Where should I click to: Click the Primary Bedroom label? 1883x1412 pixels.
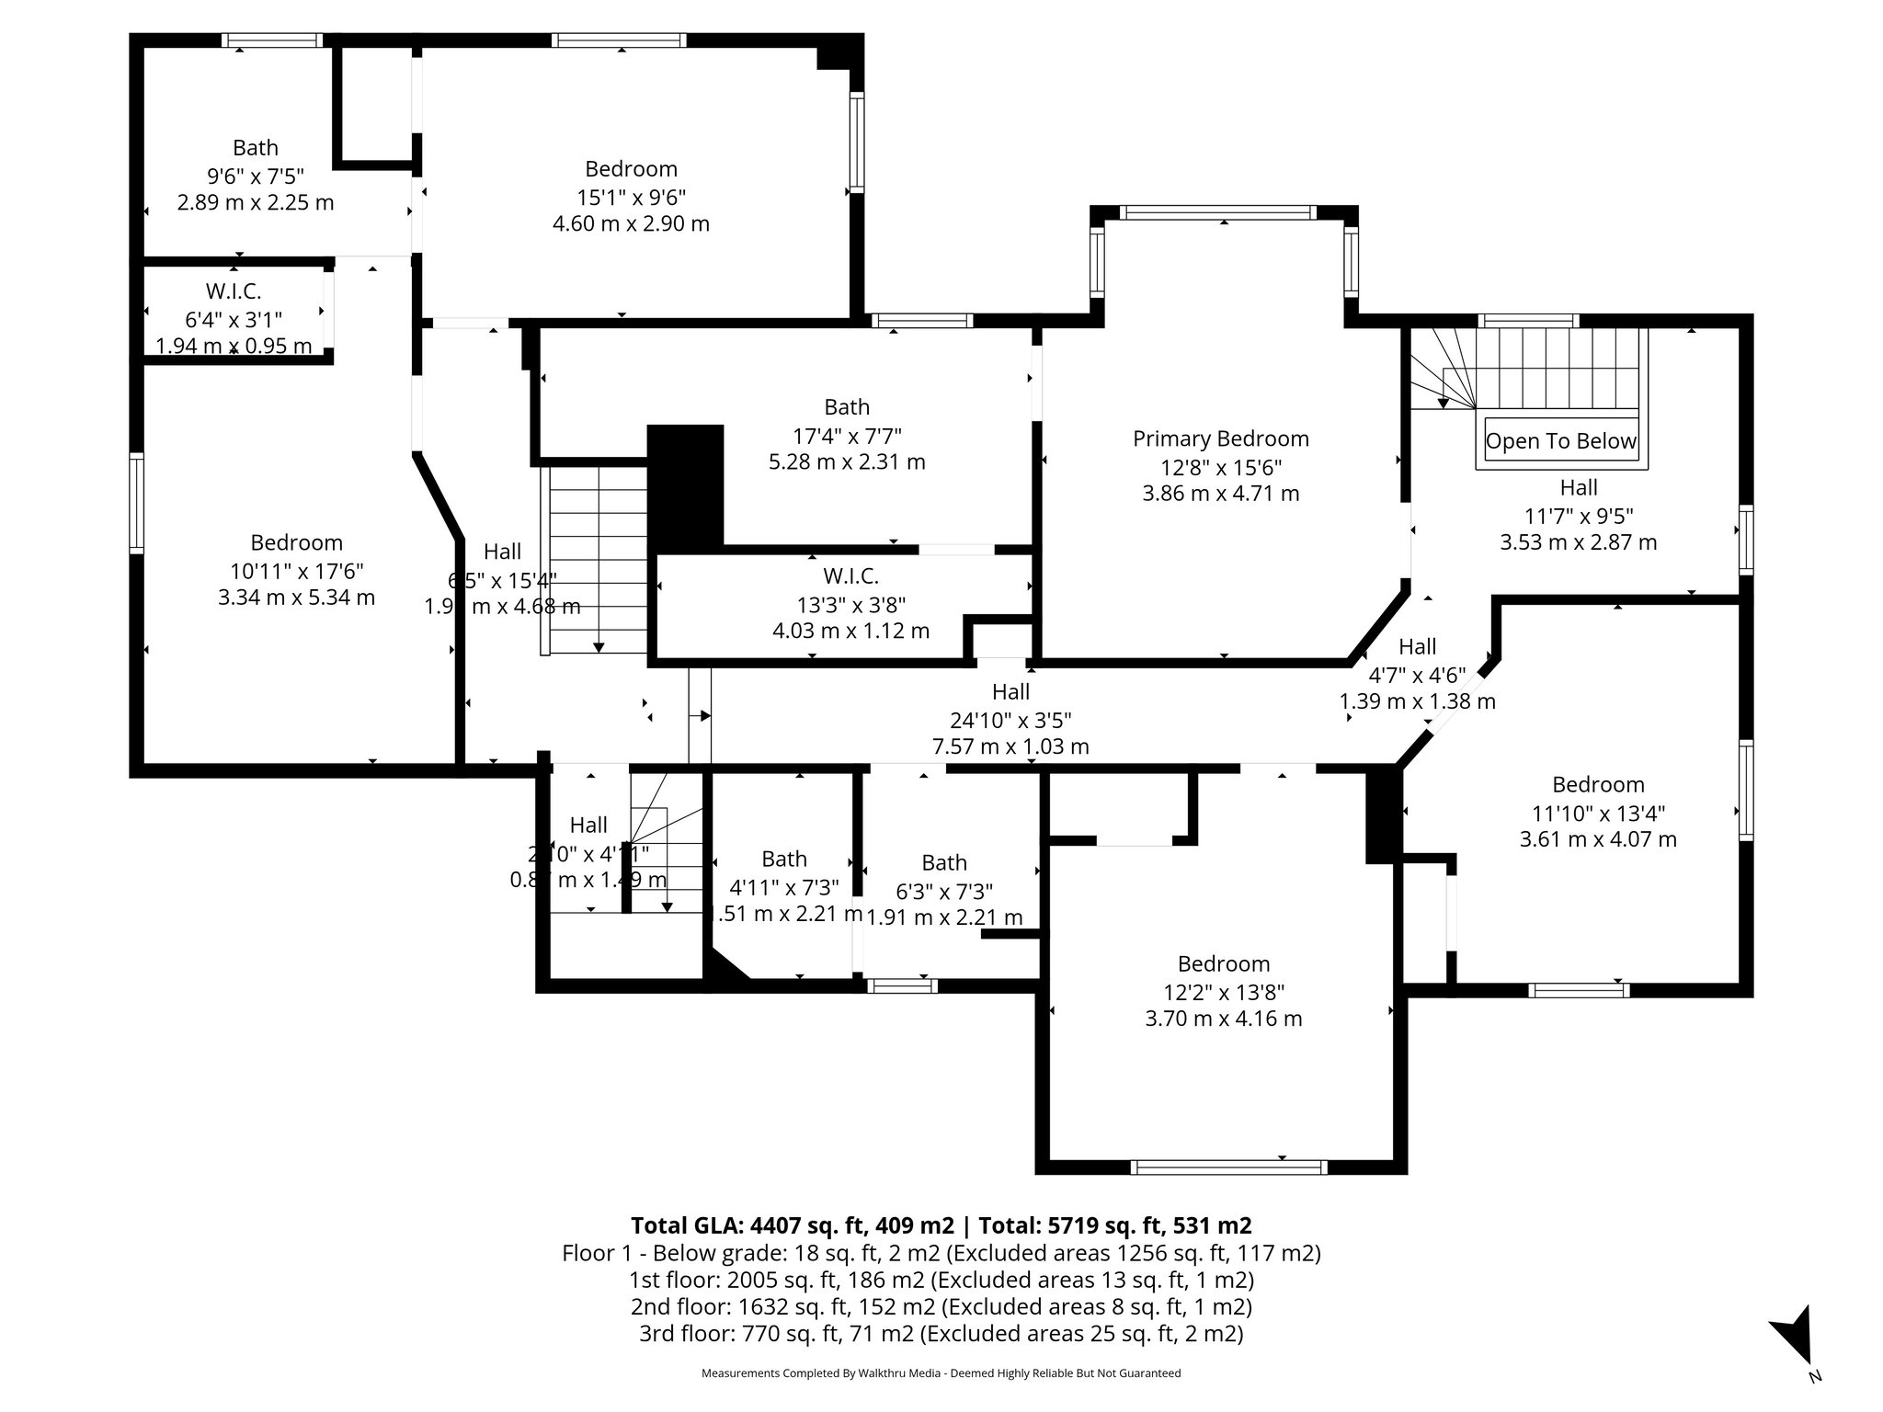pos(1220,439)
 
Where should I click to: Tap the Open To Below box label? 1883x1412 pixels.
pos(1560,441)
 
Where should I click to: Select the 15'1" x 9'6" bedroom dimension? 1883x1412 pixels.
pos(631,197)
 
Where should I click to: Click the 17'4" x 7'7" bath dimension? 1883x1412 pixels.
pos(846,435)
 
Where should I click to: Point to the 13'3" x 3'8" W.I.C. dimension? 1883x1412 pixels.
pos(850,604)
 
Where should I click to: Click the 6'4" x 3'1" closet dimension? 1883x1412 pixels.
pos(233,319)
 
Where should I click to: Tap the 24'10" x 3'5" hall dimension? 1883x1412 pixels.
pos(1010,720)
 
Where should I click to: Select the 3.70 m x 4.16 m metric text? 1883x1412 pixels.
pos(1223,1019)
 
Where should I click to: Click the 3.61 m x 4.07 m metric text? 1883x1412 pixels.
pos(1597,839)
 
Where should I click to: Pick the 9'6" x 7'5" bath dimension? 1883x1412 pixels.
pos(255,176)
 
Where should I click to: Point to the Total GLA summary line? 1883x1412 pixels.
pos(941,1225)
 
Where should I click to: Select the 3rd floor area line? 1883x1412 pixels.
pos(941,1334)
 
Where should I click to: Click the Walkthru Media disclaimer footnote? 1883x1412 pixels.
pos(941,1373)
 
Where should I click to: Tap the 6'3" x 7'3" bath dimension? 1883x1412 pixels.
pos(943,891)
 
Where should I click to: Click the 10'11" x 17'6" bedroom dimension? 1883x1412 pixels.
pos(296,571)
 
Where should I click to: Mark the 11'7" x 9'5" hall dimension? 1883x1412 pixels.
pos(1578,516)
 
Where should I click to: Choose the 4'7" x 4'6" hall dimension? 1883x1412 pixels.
pos(1417,675)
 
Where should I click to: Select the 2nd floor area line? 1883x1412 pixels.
pos(941,1306)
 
